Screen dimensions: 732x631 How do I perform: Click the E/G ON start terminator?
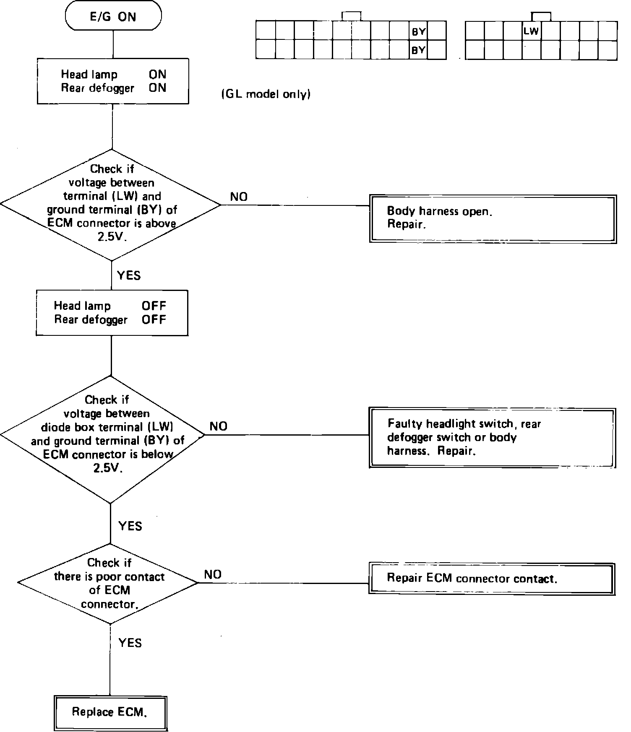(x=113, y=17)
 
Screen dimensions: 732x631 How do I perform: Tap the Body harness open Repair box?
(x=493, y=218)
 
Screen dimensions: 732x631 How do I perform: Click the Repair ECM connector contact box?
(x=492, y=579)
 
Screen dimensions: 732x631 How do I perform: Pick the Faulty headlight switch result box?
(x=492, y=437)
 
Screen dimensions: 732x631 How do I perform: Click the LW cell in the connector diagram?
(x=531, y=31)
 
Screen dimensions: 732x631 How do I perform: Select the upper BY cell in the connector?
(x=418, y=31)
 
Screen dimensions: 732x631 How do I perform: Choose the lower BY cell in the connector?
(x=418, y=50)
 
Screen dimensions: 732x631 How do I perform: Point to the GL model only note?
(x=266, y=94)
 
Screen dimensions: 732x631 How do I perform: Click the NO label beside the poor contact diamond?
(x=213, y=574)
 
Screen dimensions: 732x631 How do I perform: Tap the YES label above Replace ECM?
(x=130, y=643)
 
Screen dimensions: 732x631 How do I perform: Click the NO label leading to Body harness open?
(x=239, y=197)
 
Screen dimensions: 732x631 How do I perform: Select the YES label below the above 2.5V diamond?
(x=129, y=275)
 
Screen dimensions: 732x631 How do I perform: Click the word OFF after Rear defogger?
(x=154, y=319)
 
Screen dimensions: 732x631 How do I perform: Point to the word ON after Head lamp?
(x=157, y=74)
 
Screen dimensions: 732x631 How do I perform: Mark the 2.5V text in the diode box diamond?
(x=108, y=468)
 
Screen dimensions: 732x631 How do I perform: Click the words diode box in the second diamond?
(x=69, y=427)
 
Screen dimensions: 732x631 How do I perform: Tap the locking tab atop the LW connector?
(x=541, y=16)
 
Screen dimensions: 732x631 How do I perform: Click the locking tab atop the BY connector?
(x=351, y=16)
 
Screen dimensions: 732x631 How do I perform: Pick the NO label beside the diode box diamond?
(x=218, y=426)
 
